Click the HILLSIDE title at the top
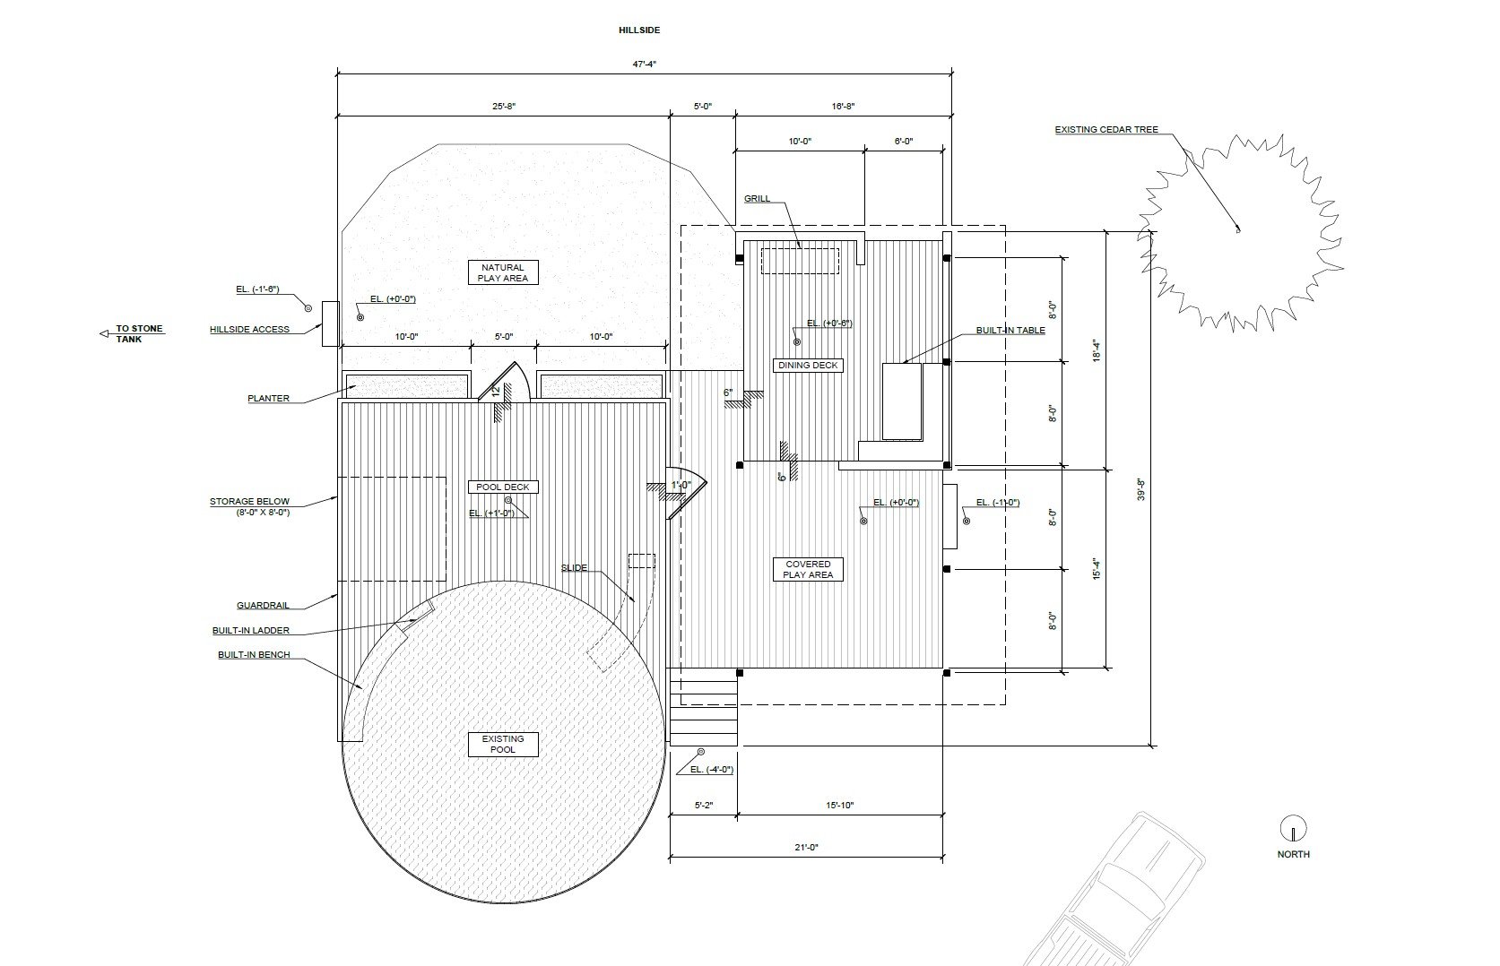click(639, 30)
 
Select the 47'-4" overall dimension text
click(644, 65)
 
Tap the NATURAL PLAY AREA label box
click(503, 272)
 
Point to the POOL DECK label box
click(503, 487)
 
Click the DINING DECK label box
click(808, 366)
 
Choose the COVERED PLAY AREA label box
click(808, 570)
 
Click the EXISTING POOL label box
click(503, 745)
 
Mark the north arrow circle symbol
click(1293, 828)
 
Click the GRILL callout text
click(758, 199)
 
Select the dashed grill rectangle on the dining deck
click(800, 261)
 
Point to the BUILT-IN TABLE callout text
click(1010, 331)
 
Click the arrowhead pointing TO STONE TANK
click(104, 333)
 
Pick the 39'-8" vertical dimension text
click(1141, 488)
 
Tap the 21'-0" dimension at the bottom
click(806, 848)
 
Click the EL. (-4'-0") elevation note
click(712, 770)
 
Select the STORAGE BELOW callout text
click(250, 502)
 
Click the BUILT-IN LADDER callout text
click(251, 631)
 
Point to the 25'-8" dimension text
click(504, 107)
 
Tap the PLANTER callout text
click(268, 398)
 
